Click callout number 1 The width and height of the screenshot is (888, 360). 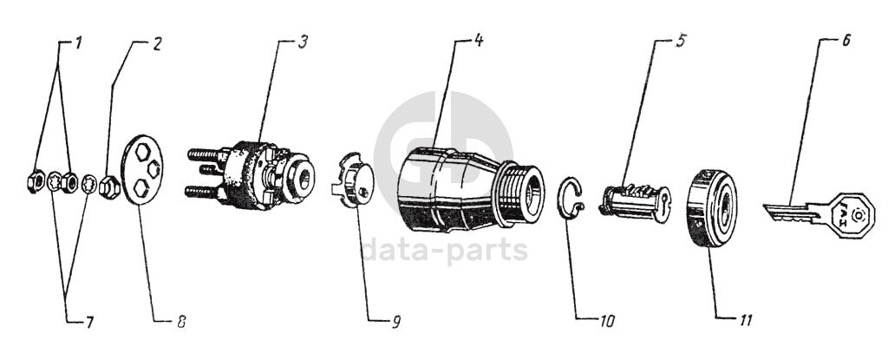tap(79, 43)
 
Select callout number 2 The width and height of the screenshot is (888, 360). tap(156, 44)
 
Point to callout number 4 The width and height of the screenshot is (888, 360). tap(478, 41)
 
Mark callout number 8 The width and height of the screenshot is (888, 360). tap(180, 322)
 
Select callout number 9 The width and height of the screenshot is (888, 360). tap(395, 322)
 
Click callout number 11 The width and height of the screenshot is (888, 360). tap(743, 320)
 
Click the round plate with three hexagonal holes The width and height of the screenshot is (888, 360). tap(142, 170)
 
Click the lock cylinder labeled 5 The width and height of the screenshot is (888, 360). tap(637, 202)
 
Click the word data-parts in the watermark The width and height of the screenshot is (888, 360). tap(444, 250)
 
